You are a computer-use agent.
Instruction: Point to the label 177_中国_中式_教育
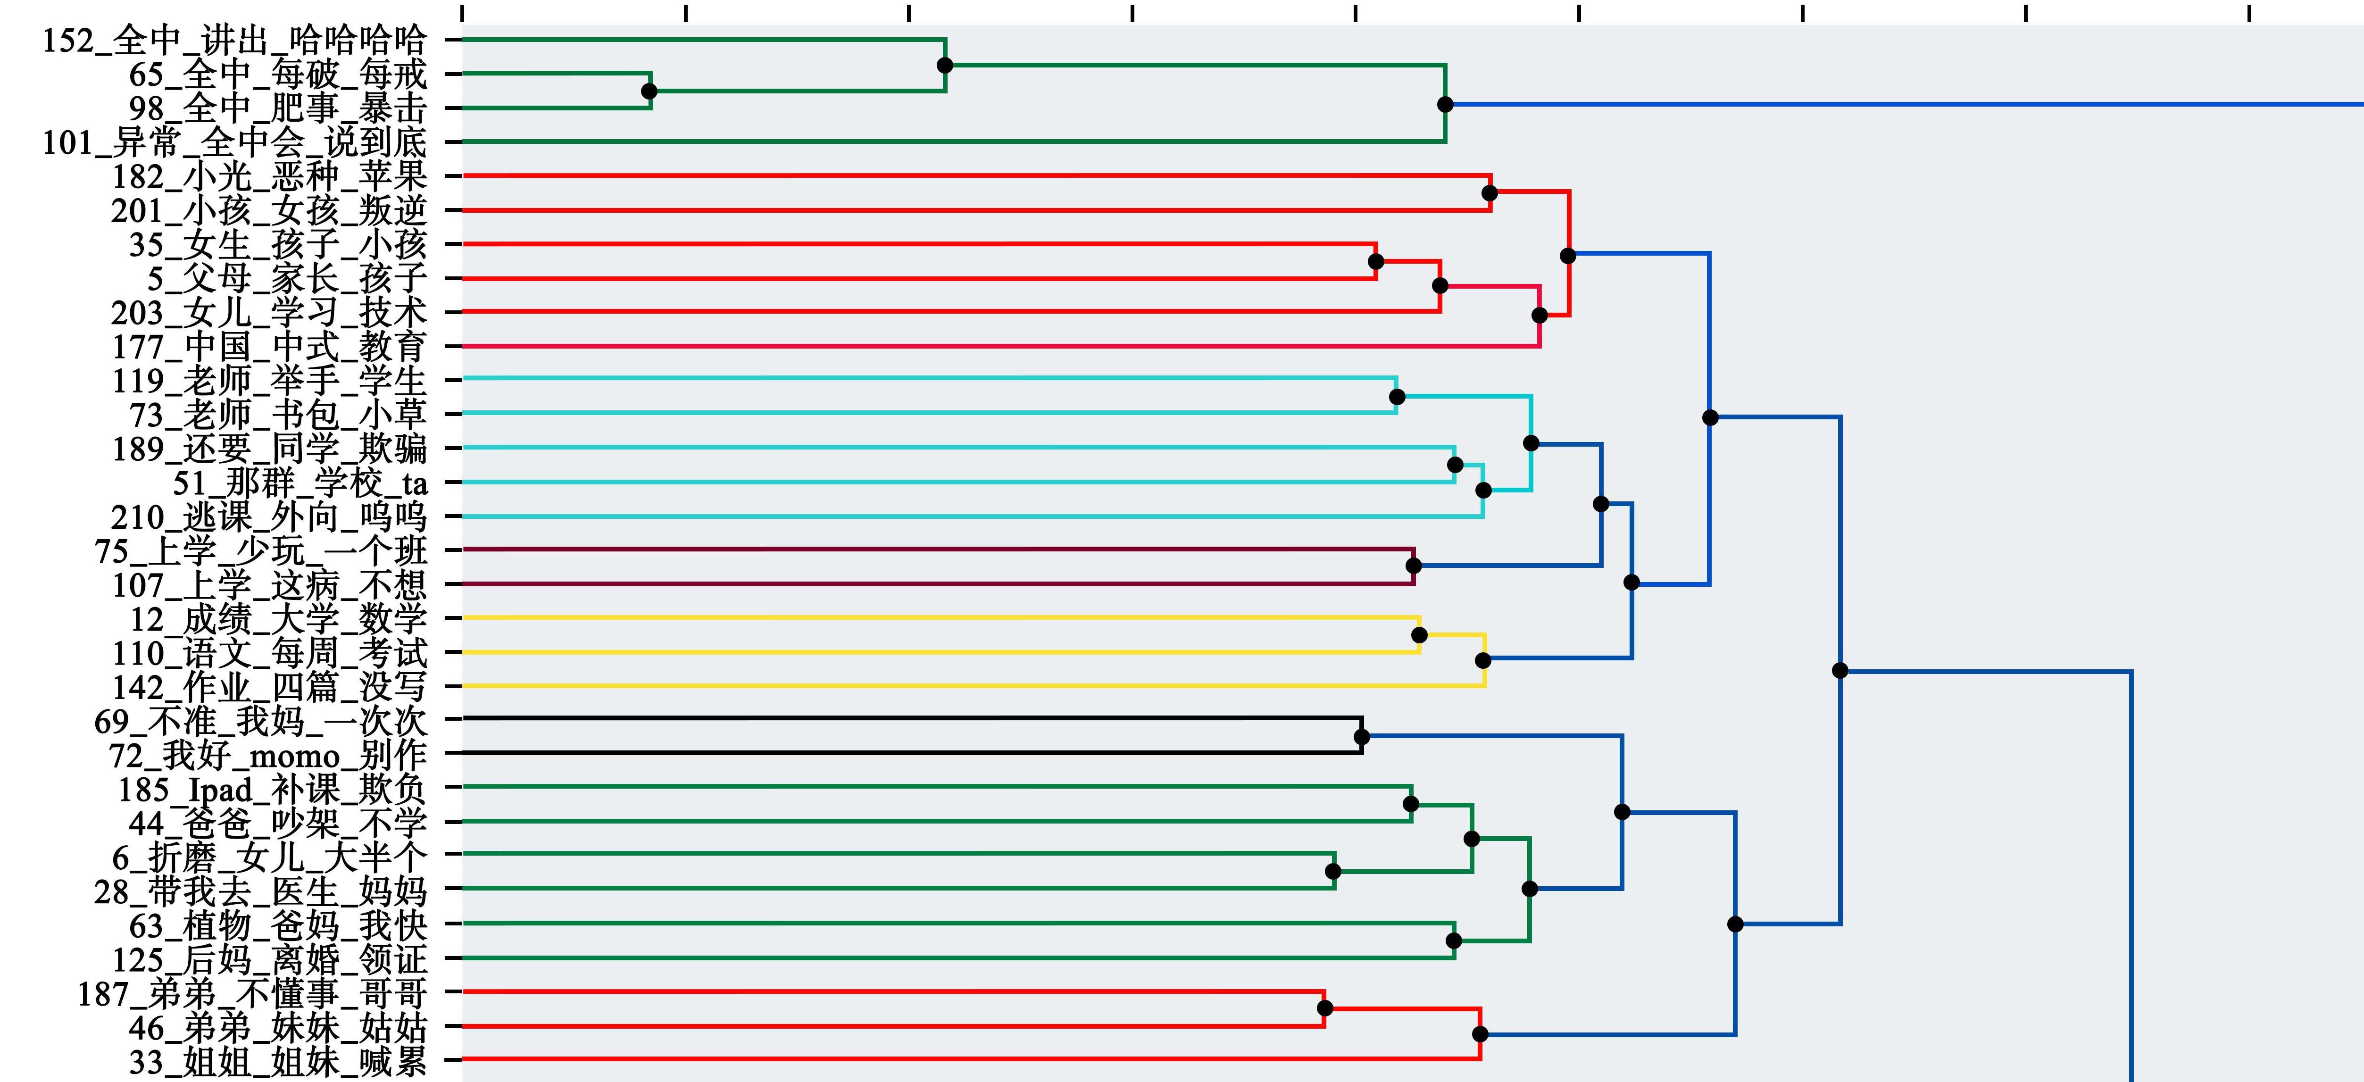[x=270, y=347]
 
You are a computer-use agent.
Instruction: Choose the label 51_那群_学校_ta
[x=300, y=483]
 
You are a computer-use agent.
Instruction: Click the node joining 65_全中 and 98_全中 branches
[x=650, y=91]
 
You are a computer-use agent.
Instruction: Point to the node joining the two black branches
[x=1362, y=737]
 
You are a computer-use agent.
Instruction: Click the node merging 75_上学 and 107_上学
[x=1414, y=566]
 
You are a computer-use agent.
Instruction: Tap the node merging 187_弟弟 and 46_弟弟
[x=1324, y=1007]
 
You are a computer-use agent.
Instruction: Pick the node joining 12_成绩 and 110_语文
[x=1420, y=635]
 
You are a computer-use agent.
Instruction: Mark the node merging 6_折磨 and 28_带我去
[x=1333, y=871]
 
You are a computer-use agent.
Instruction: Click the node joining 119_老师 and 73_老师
[x=1397, y=397]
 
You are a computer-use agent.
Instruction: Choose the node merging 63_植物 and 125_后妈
[x=1454, y=941]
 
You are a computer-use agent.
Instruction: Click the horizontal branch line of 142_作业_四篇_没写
[x=974, y=685]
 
